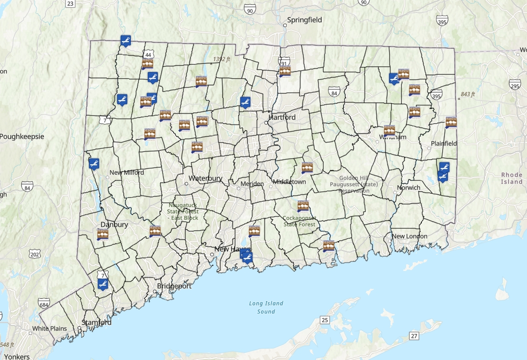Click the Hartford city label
pyautogui.click(x=282, y=117)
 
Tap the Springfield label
pyautogui.click(x=305, y=20)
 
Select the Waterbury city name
pyautogui.click(x=205, y=179)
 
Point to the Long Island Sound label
pyautogui.click(x=266, y=307)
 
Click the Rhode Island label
pyautogui.click(x=512, y=178)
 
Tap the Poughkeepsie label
pyautogui.click(x=22, y=136)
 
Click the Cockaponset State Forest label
pyautogui.click(x=300, y=221)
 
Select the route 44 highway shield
pyautogui.click(x=149, y=55)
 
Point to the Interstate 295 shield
pyautogui.click(x=515, y=85)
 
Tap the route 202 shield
pyautogui.click(x=34, y=254)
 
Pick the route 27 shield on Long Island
pyautogui.click(x=414, y=336)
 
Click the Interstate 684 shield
pyautogui.click(x=44, y=304)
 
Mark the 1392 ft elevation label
pyautogui.click(x=221, y=59)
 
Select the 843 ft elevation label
pyautogui.click(x=467, y=94)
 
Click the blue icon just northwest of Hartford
pyautogui.click(x=245, y=102)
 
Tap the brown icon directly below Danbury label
pyautogui.click(x=103, y=234)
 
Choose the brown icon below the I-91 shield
pyautogui.click(x=285, y=72)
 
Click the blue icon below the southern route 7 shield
pyautogui.click(x=103, y=284)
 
